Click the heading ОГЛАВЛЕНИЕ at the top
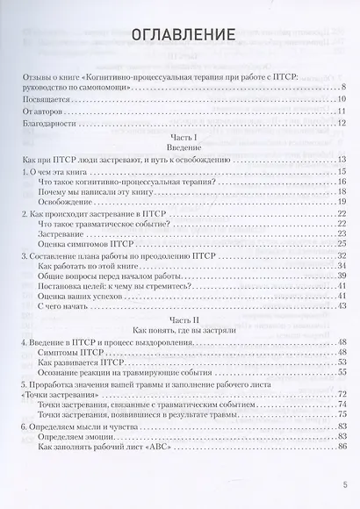pyautogui.click(x=183, y=35)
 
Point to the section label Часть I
pyautogui.click(x=183, y=140)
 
